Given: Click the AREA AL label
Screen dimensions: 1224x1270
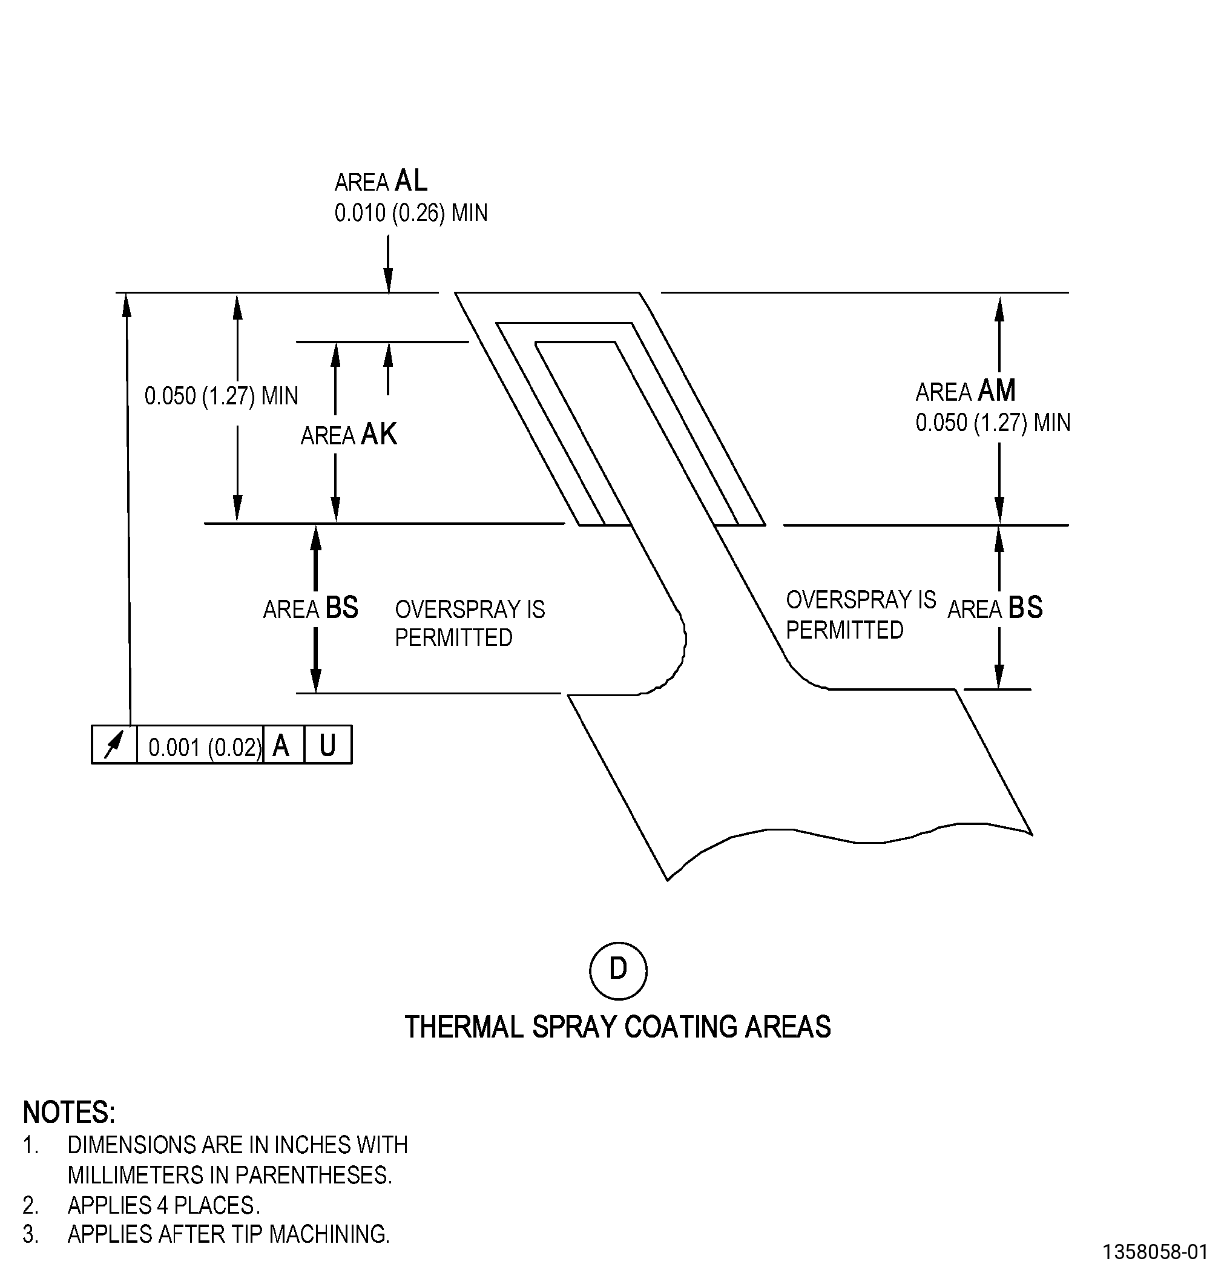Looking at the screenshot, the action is click(381, 181).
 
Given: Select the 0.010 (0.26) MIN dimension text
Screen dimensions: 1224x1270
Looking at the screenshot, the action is click(411, 212).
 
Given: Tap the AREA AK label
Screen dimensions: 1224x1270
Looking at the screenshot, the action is click(349, 434).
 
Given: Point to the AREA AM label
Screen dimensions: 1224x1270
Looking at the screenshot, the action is click(966, 390).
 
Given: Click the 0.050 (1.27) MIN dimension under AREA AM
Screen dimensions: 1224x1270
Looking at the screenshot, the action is click(993, 423).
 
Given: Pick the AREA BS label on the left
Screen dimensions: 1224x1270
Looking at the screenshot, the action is click(311, 608).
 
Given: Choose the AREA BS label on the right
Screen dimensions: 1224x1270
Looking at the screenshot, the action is click(995, 608).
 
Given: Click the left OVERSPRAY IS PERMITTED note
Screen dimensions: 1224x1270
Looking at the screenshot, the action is click(470, 623).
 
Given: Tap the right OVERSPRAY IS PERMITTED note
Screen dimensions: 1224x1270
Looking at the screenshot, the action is click(861, 615).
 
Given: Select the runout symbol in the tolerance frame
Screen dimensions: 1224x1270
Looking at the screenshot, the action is click(114, 745).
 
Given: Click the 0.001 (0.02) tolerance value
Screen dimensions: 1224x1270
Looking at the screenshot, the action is click(205, 747).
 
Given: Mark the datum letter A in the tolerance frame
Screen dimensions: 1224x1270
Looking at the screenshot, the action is click(280, 746).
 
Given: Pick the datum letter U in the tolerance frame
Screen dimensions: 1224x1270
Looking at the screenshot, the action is click(328, 746).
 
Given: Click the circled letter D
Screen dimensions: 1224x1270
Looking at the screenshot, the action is click(618, 970).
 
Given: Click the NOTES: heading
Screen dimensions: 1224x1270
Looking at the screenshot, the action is click(68, 1113).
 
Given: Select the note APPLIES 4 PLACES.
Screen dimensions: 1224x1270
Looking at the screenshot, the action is click(163, 1205).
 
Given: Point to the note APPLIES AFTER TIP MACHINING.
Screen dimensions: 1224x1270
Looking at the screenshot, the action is click(229, 1234).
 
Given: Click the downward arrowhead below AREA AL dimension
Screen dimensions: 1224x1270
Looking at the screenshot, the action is click(388, 282).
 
